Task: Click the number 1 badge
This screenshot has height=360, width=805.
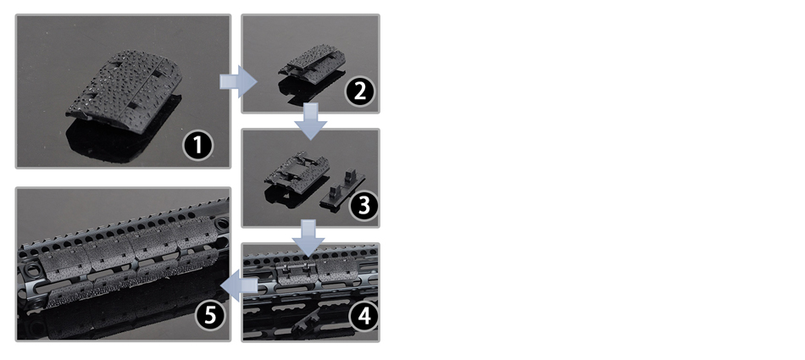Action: tap(197, 145)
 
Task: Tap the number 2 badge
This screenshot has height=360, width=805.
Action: tap(359, 91)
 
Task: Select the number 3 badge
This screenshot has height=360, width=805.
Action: tap(363, 206)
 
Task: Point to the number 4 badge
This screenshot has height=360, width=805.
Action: tap(364, 316)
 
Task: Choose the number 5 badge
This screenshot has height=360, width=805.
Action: tap(211, 315)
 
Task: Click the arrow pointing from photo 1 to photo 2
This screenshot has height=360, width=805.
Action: tap(238, 81)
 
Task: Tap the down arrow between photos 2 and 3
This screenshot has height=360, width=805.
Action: tap(311, 121)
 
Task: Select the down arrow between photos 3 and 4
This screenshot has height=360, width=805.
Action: tap(308, 238)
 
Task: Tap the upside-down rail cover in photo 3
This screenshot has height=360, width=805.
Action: tap(297, 171)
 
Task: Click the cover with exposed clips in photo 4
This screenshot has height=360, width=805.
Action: tap(297, 274)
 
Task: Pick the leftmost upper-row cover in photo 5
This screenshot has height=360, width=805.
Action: tap(64, 258)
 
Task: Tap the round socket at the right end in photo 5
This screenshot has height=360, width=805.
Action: tap(222, 224)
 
